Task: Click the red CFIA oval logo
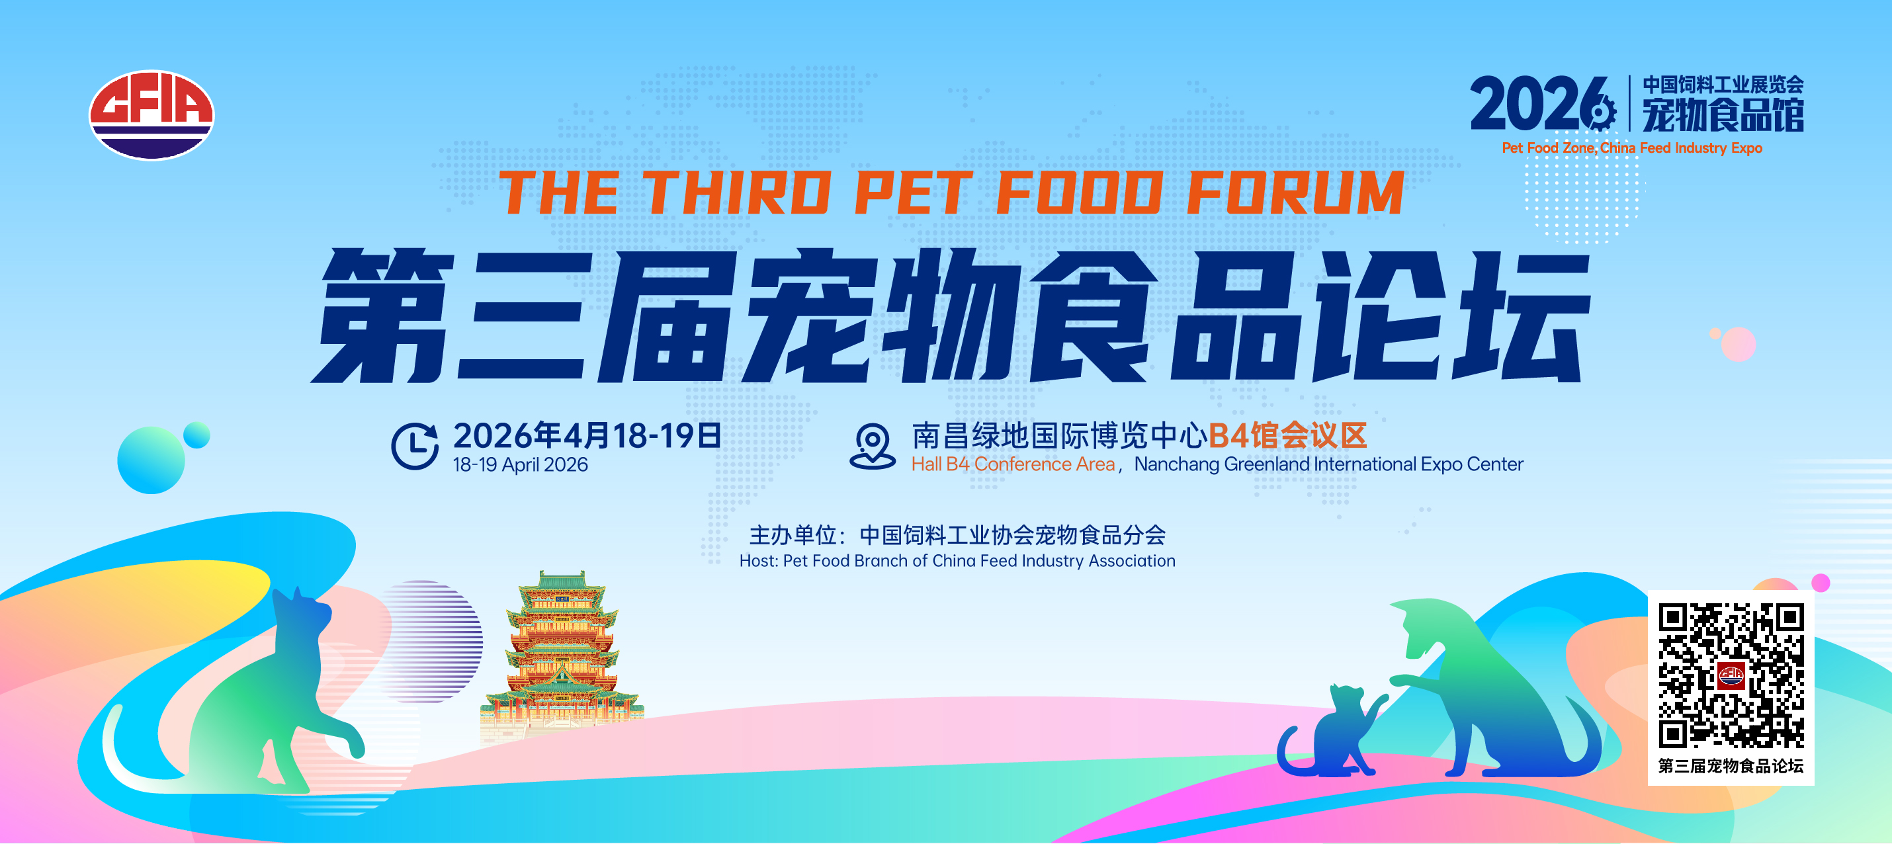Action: pos(151,114)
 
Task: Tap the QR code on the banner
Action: pos(1731,675)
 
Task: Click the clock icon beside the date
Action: pos(415,446)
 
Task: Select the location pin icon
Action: pos(873,445)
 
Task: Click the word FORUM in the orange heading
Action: pos(1295,193)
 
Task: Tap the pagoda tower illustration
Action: pos(562,654)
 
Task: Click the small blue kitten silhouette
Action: pos(1330,730)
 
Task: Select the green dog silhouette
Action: pos(1491,687)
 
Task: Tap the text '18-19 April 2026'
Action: pos(520,465)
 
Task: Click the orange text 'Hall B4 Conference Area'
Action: pos(1013,464)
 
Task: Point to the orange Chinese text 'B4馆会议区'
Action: pos(1287,436)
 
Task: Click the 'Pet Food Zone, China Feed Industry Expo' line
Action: pos(1631,148)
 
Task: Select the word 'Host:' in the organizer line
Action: pos(759,561)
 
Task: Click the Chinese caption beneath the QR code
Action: pos(1731,766)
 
